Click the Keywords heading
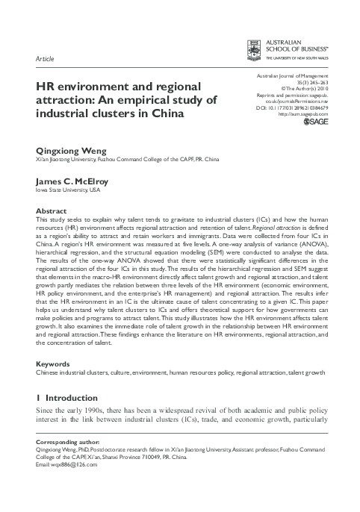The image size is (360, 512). (54, 363)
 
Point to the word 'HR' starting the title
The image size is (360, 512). (46, 85)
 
